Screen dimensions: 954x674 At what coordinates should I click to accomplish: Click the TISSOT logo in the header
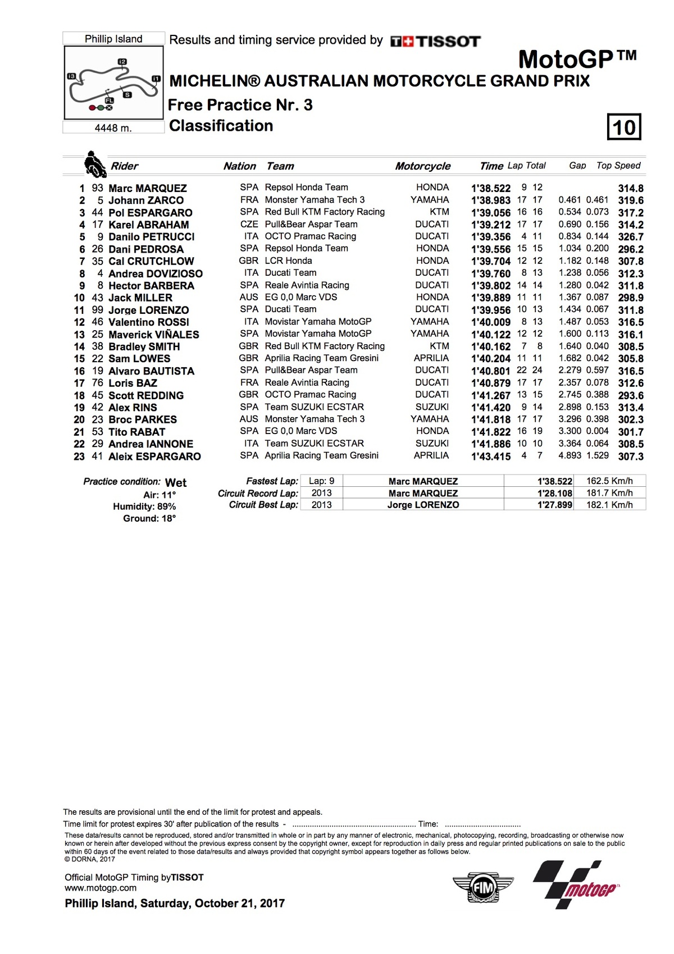[435, 41]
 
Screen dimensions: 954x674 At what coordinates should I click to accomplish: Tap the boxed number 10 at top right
[624, 127]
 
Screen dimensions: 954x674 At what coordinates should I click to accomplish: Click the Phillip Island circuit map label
[113, 39]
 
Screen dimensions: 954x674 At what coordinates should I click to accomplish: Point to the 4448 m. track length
[113, 128]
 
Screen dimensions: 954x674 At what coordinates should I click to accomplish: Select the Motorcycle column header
[422, 166]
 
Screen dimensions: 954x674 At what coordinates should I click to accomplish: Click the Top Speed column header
[618, 166]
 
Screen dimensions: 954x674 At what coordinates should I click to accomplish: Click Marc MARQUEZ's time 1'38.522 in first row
[490, 189]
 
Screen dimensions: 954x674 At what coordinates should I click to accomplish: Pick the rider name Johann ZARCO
[146, 200]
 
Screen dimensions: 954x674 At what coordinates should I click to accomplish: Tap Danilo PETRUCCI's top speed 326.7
[630, 237]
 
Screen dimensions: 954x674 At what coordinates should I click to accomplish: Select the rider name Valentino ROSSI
[148, 322]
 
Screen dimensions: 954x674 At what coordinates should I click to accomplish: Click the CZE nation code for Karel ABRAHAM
[249, 224]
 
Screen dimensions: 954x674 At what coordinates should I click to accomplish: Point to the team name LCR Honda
[288, 261]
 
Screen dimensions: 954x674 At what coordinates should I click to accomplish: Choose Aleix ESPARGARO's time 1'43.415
[490, 457]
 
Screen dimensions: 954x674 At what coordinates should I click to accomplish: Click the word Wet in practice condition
[176, 483]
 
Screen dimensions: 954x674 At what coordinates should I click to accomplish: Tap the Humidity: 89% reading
[144, 506]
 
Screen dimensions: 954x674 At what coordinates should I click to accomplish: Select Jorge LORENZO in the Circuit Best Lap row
[423, 505]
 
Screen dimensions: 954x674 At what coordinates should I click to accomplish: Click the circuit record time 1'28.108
[554, 493]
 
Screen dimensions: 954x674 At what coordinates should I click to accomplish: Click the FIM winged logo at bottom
[482, 888]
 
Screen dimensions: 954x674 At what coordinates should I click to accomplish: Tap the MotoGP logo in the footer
[576, 885]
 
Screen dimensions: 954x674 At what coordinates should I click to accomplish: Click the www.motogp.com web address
[101, 888]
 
